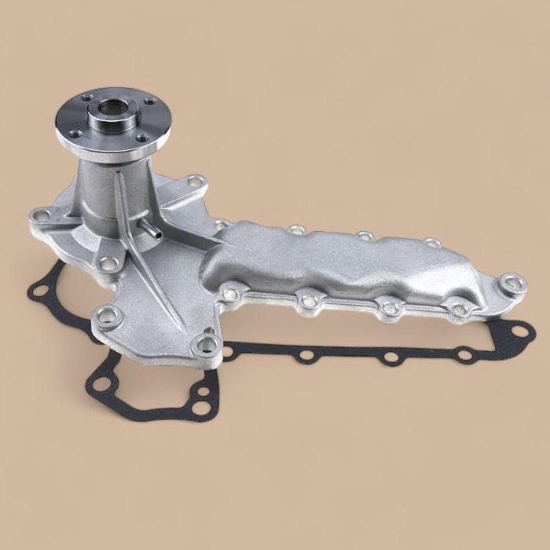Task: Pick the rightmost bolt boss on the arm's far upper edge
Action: [x=431, y=244]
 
